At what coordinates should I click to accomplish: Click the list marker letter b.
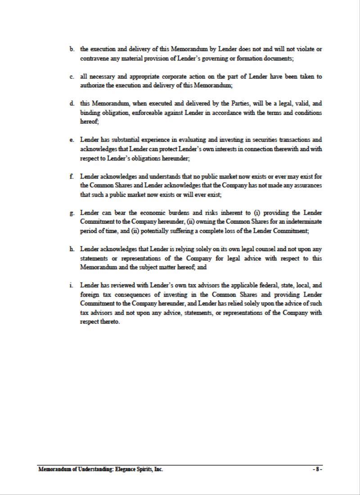pos(72,49)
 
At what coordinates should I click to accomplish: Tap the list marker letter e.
pos(72,140)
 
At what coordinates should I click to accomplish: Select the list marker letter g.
pos(72,213)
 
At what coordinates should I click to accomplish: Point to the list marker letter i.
pos(72,285)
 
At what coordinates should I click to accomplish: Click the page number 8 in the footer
pos(317,469)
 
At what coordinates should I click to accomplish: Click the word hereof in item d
pos(89,122)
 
